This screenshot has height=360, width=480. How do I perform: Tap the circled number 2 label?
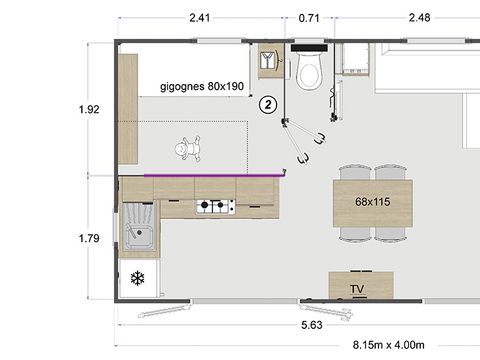[x=267, y=103]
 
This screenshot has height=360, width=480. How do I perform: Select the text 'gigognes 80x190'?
[x=201, y=86]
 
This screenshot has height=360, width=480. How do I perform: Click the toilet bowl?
[x=308, y=70]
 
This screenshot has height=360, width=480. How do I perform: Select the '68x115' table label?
[x=372, y=201]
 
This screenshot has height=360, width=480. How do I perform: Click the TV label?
[x=357, y=289]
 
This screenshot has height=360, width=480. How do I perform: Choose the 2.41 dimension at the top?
[x=201, y=16]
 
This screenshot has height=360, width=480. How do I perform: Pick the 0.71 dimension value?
[x=310, y=16]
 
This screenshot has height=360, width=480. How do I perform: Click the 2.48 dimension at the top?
[x=422, y=16]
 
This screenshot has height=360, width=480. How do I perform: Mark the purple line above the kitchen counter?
[x=214, y=173]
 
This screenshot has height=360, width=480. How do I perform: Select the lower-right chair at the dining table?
[x=390, y=231]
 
